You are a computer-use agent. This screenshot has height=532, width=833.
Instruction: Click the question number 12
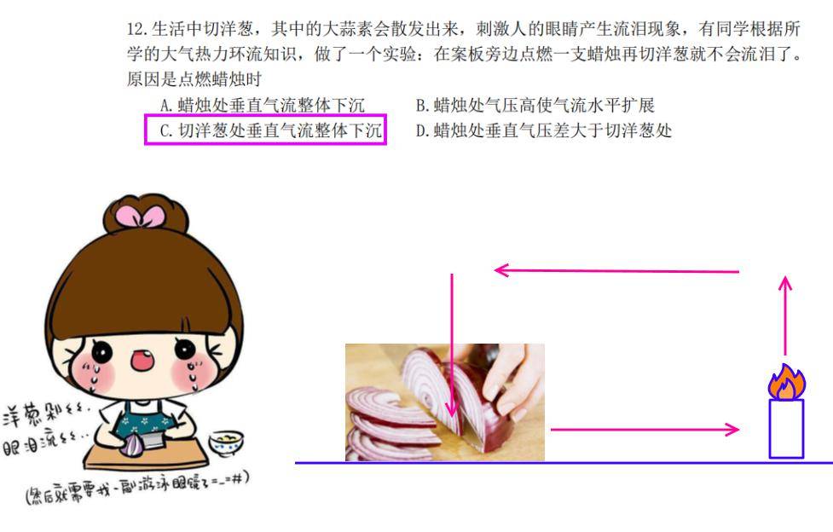(137, 28)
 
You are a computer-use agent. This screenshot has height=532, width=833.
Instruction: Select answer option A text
(263, 105)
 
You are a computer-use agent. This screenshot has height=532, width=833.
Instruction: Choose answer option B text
(535, 105)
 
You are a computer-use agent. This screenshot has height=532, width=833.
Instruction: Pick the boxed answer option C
(266, 130)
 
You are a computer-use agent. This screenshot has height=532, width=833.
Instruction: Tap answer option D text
(544, 130)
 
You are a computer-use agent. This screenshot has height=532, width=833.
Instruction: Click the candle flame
(786, 382)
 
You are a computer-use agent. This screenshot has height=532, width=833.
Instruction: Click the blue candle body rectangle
(786, 428)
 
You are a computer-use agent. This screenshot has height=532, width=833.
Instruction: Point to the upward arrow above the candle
(785, 315)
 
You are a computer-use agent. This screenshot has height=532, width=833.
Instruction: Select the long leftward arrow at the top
(616, 270)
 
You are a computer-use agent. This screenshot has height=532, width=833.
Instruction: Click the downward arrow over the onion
(452, 345)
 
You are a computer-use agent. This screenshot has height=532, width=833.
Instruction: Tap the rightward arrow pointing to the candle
(645, 429)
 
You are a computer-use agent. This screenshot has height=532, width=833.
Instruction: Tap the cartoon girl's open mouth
(142, 360)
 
